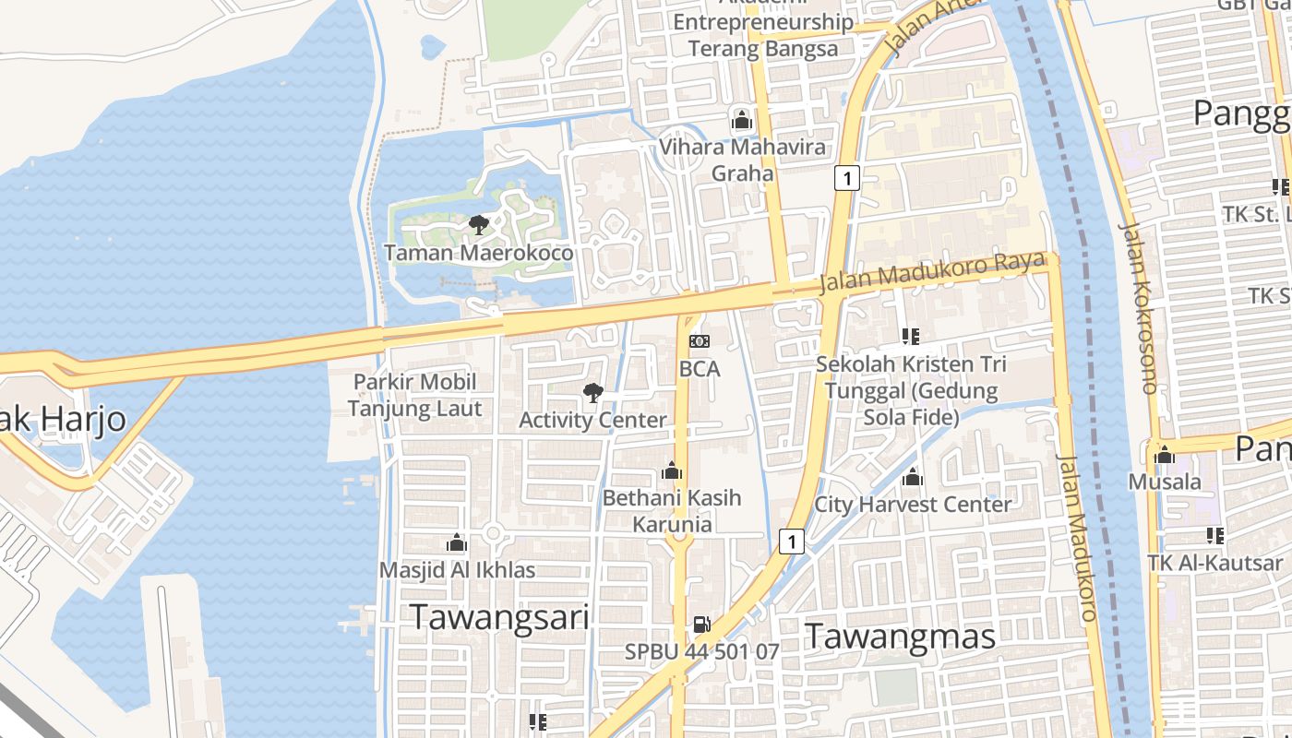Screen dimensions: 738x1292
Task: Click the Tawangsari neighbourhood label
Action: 499,616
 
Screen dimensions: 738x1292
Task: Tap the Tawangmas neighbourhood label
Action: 900,637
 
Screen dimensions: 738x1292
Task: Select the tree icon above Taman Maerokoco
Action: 478,225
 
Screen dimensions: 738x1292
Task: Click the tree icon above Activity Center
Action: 592,394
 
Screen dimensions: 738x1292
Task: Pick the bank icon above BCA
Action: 700,342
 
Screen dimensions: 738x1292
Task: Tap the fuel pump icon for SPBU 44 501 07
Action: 701,625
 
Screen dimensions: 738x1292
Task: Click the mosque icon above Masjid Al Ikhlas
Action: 457,542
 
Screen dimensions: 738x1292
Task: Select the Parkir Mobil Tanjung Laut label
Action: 414,395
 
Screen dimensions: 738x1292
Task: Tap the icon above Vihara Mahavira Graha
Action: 741,120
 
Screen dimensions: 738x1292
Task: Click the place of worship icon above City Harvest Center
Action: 913,477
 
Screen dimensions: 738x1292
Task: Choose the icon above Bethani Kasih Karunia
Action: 672,471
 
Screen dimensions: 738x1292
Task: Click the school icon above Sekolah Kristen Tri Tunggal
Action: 911,337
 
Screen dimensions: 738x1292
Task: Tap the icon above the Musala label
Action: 1165,455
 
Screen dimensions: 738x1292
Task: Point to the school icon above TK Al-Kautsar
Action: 1214,535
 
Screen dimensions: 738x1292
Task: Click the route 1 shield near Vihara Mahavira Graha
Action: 846,178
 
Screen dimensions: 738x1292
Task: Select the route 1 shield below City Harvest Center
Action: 790,541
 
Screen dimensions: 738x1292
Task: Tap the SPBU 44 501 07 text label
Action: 701,651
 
